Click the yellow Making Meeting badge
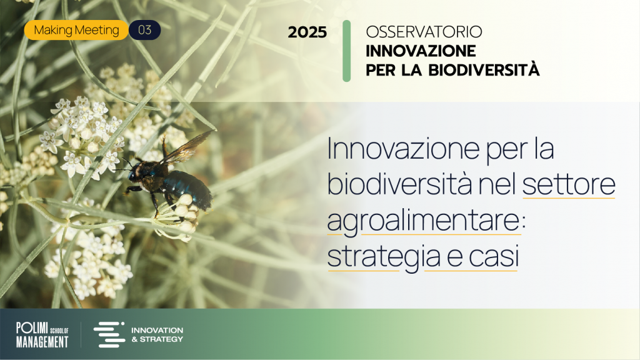click(x=76, y=30)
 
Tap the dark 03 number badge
click(x=144, y=30)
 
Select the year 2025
click(x=307, y=32)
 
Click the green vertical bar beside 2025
click(x=346, y=51)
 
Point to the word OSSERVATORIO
click(x=424, y=32)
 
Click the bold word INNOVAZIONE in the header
click(x=421, y=51)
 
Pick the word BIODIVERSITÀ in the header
click(x=484, y=69)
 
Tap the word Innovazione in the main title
click(x=403, y=149)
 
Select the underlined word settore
click(x=569, y=185)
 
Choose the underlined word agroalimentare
click(x=424, y=222)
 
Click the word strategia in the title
click(x=384, y=257)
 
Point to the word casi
click(x=494, y=257)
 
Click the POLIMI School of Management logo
click(x=42, y=335)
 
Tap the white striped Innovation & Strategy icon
click(x=109, y=335)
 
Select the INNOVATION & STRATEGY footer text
click(x=157, y=335)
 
